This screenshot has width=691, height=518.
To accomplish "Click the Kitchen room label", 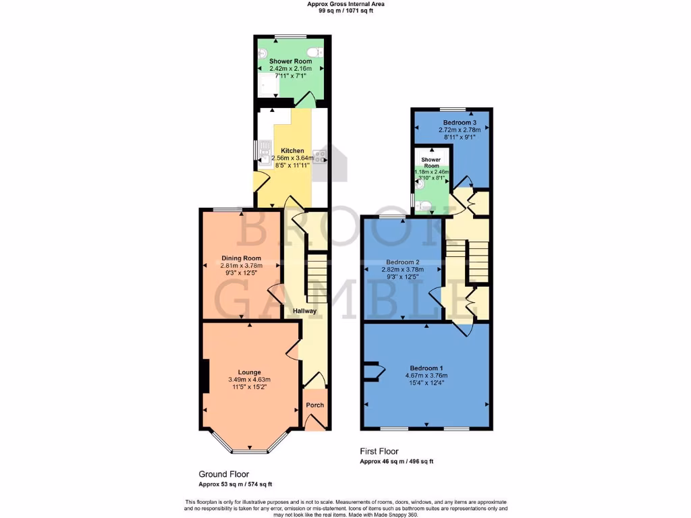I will pyautogui.click(x=292, y=150).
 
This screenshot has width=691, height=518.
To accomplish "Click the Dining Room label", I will pyautogui.click(x=242, y=258).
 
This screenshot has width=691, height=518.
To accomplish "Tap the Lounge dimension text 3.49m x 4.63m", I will pyautogui.click(x=250, y=380).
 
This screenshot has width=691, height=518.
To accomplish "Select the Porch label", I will pyautogui.click(x=315, y=405).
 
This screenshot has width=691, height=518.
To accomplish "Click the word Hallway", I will pyautogui.click(x=304, y=311).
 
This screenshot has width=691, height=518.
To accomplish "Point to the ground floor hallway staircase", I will pyautogui.click(x=316, y=277).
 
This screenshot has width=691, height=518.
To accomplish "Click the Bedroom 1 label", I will pyautogui.click(x=426, y=368).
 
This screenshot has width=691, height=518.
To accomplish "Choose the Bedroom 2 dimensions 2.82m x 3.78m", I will pyautogui.click(x=404, y=270).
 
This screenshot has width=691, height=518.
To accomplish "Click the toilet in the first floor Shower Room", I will pyautogui.click(x=422, y=205).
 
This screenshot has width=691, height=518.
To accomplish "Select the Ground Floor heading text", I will pyautogui.click(x=223, y=474).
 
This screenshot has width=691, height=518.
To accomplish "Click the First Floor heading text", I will pyautogui.click(x=379, y=451).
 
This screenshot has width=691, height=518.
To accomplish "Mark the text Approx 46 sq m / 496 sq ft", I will pyautogui.click(x=396, y=461).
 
